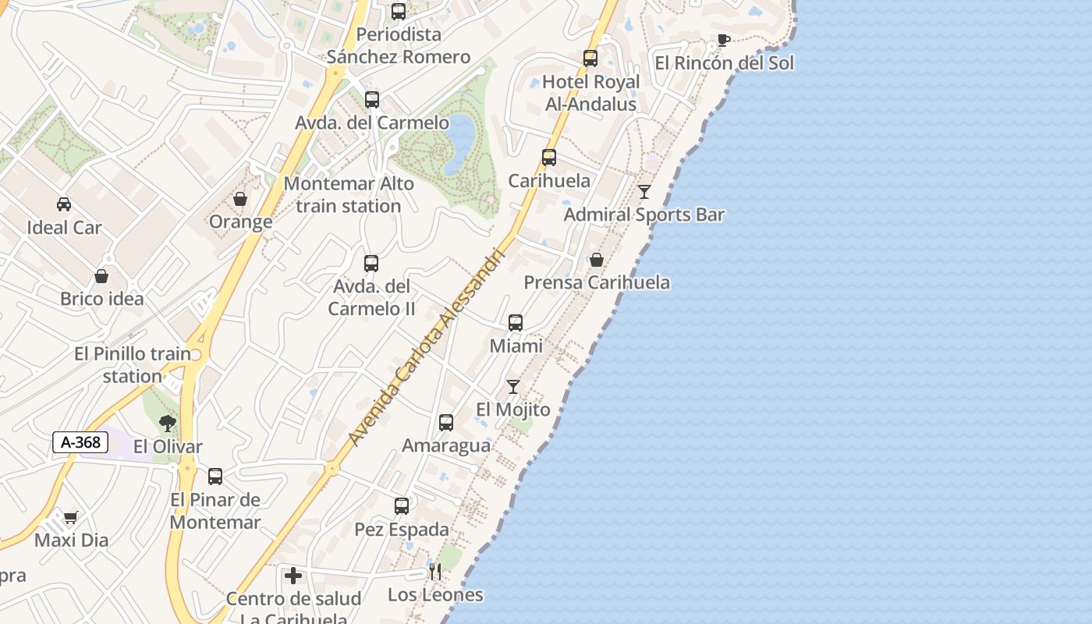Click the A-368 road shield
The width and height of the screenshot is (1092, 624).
click(x=80, y=442)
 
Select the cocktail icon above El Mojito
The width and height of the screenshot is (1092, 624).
click(x=512, y=386)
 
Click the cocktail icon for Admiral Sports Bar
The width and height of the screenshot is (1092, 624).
click(x=644, y=191)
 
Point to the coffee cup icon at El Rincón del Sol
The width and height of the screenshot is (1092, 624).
click(x=724, y=40)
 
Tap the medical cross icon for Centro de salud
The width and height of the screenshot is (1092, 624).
click(x=293, y=576)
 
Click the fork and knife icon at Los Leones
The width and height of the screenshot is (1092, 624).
click(x=435, y=572)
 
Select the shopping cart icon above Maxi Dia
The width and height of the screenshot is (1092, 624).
click(x=71, y=517)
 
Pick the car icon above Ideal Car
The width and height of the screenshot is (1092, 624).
click(x=64, y=204)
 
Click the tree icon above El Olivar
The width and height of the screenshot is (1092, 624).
click(x=167, y=424)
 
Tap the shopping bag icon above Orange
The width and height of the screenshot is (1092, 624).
click(x=240, y=199)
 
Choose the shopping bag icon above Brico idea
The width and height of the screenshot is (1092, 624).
click(x=101, y=275)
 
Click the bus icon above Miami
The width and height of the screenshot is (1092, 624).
click(x=516, y=322)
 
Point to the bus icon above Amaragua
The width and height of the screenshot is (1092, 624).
click(x=446, y=422)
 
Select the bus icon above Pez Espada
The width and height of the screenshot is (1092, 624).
click(x=402, y=505)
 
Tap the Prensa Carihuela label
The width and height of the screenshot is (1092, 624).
click(x=597, y=282)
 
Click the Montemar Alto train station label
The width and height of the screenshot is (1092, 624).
click(x=349, y=195)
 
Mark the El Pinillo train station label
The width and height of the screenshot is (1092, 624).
click(x=133, y=365)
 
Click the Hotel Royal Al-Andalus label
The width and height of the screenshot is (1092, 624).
click(x=590, y=93)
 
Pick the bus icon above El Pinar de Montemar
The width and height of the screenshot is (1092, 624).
click(x=215, y=476)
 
